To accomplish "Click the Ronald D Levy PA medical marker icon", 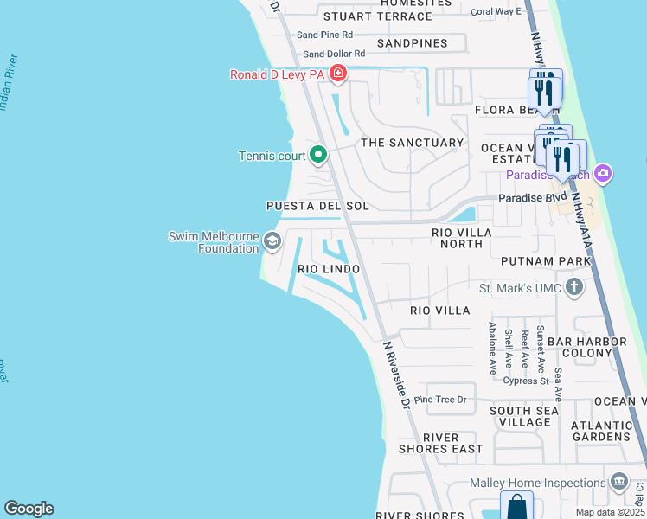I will click(337, 75).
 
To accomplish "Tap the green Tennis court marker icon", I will click(318, 156).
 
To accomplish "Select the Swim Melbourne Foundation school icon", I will click(272, 241).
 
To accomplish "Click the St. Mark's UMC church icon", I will click(573, 287).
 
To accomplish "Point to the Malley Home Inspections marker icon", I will click(618, 482).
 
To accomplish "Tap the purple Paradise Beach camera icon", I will click(603, 175).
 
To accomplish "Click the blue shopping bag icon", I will click(516, 506).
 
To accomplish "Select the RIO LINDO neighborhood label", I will click(329, 270).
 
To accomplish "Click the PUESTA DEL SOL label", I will click(317, 207).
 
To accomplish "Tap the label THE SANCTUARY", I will click(413, 143).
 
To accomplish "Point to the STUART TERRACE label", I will click(378, 16).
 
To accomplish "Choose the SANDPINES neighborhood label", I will click(413, 43).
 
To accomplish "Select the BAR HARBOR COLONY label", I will click(593, 347).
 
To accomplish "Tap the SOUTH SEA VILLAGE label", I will click(519, 416).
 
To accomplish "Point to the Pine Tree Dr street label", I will click(440, 400).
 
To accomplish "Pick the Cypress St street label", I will click(527, 381).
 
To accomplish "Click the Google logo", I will click(29, 509).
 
